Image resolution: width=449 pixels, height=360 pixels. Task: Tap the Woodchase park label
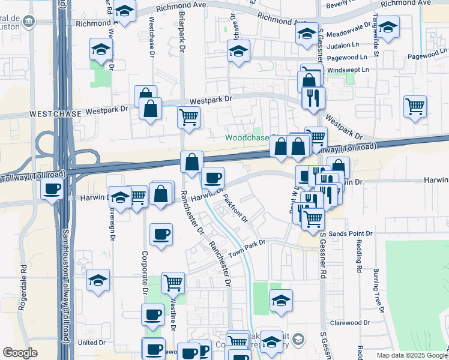[x=247, y=137]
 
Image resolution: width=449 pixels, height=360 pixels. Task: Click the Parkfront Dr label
[x=236, y=208]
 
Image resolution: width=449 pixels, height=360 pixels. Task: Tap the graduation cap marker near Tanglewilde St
[x=388, y=27]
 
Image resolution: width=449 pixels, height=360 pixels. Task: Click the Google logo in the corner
[x=20, y=353]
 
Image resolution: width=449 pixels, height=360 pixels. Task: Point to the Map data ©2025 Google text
[x=412, y=355]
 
